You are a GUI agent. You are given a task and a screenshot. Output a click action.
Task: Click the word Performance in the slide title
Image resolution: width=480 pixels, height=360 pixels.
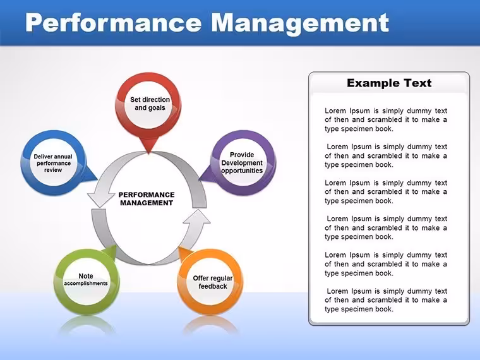(113, 23)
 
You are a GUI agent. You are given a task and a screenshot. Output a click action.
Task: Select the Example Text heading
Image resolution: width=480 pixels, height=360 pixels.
(389, 83)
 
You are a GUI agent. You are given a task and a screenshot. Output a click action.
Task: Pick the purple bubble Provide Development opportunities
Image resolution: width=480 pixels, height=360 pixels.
(242, 162)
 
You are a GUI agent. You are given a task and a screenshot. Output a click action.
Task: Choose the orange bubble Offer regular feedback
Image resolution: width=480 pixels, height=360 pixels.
(211, 281)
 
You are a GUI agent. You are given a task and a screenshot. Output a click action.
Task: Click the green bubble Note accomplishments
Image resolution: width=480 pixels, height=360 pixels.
(87, 281)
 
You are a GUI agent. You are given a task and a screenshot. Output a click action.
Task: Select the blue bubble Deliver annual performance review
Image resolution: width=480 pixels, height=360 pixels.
(54, 162)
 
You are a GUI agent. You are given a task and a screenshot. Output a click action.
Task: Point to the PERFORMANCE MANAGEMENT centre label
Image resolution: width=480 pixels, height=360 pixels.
(147, 199)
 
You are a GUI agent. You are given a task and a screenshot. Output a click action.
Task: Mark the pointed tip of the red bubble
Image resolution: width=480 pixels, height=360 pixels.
(148, 153)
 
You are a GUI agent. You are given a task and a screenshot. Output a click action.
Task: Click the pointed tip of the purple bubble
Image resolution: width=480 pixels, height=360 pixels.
(199, 179)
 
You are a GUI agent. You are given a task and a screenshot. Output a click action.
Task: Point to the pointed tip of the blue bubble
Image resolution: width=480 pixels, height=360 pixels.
(97, 179)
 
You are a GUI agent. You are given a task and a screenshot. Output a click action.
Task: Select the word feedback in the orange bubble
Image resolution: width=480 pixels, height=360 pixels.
(213, 286)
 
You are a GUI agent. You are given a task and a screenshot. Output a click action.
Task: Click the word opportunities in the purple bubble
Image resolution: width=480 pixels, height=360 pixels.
(242, 171)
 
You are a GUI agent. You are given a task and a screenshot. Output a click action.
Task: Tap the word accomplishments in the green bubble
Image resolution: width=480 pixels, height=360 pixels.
(86, 284)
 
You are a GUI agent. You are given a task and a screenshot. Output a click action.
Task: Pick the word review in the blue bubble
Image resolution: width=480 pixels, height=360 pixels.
(53, 170)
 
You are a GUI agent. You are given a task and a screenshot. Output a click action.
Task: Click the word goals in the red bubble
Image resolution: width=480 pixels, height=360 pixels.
(159, 108)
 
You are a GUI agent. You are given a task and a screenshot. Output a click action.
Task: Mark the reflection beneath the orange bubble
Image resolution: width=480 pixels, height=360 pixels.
(211, 325)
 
